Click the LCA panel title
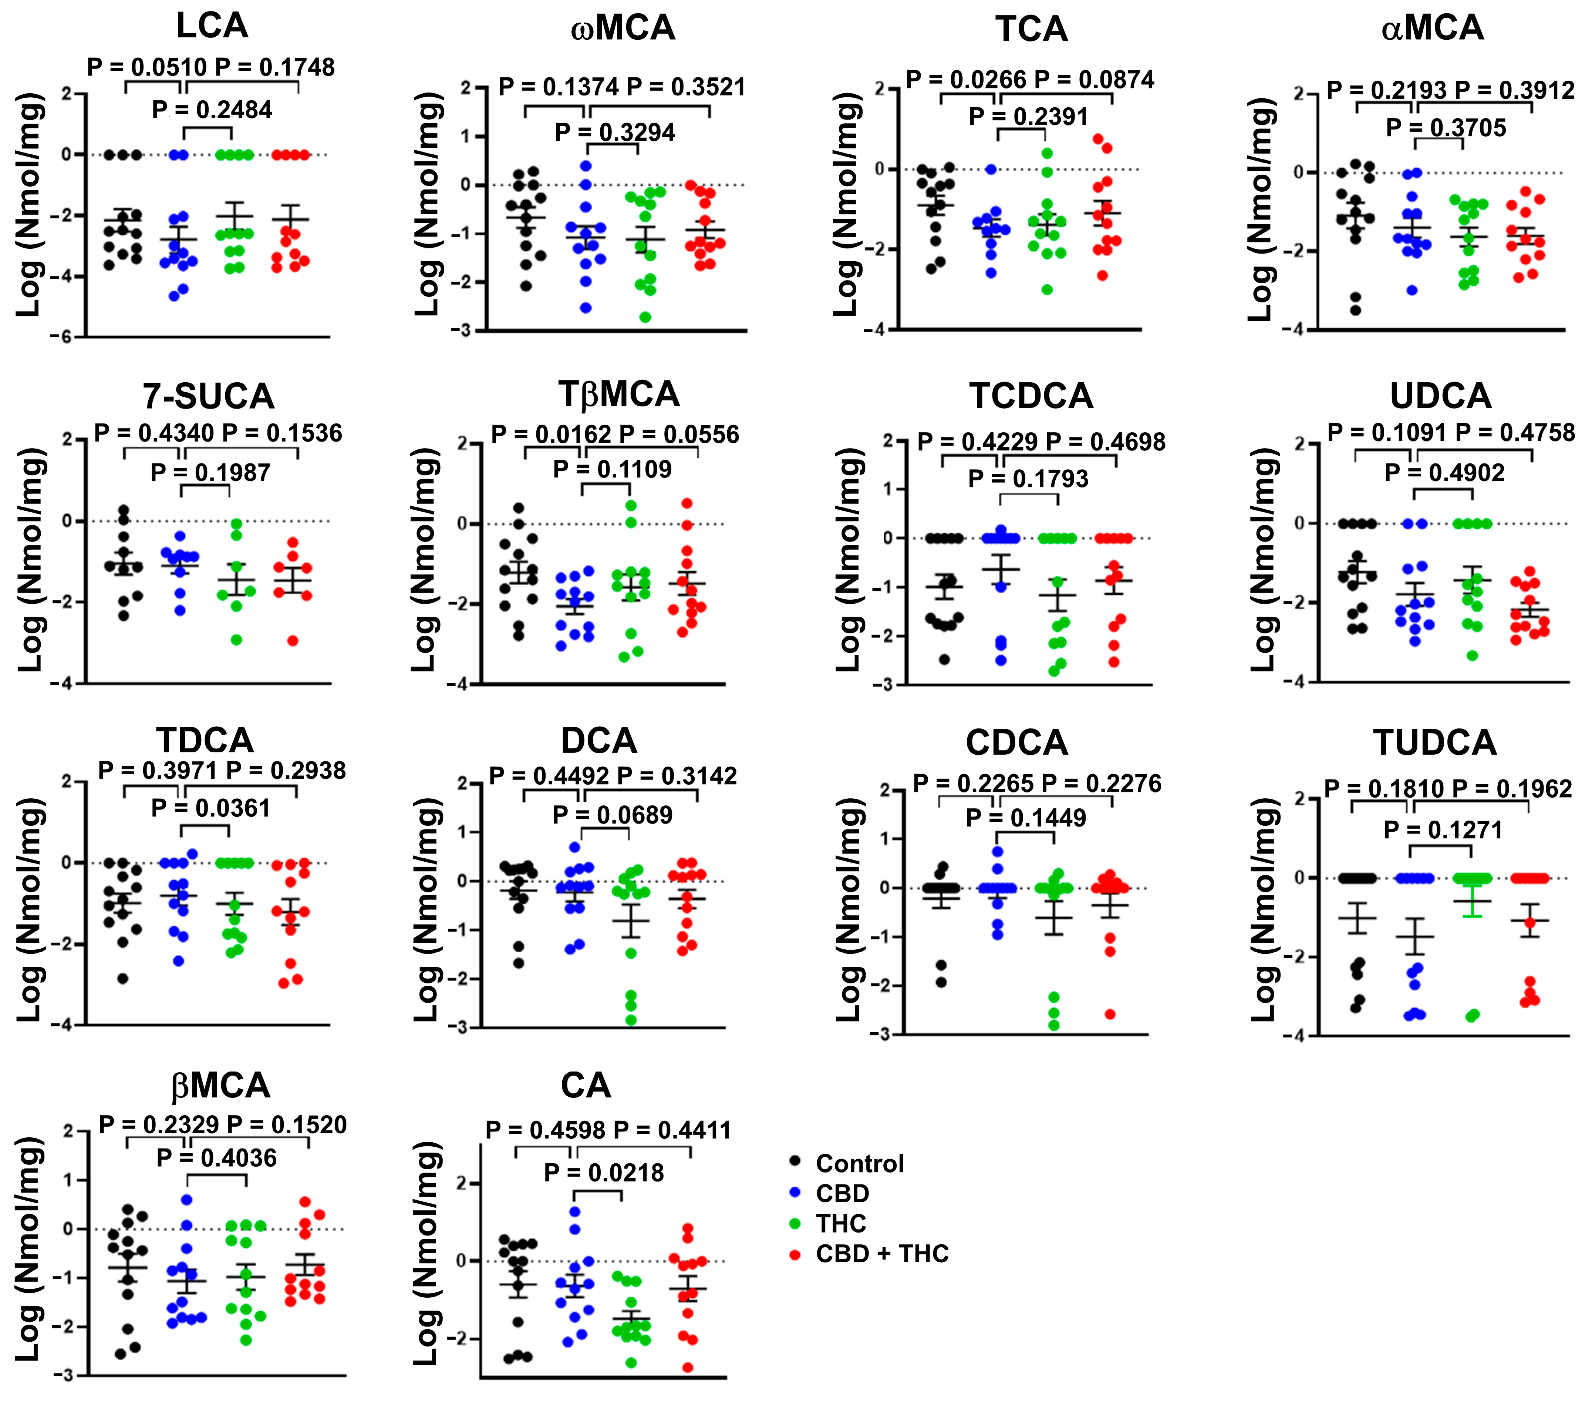[x=212, y=26]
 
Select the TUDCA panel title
[x=1435, y=742]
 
